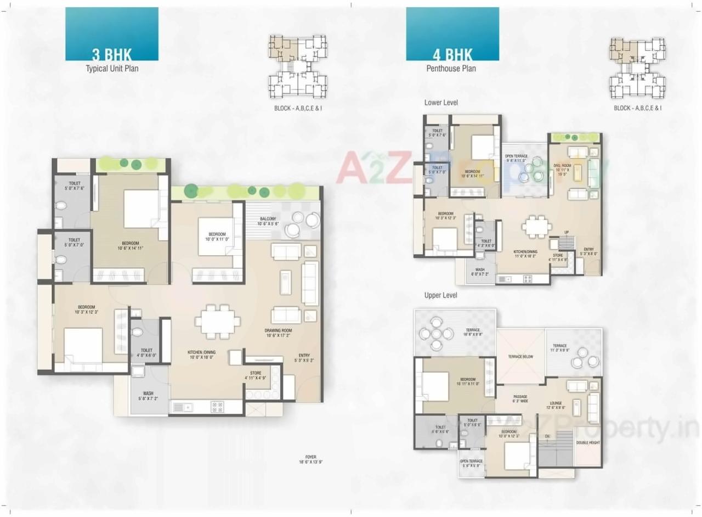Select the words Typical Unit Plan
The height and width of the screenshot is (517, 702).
click(112, 69)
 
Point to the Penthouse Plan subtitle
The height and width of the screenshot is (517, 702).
click(451, 69)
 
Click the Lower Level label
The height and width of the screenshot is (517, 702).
click(441, 103)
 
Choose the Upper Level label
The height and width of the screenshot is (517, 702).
click(441, 295)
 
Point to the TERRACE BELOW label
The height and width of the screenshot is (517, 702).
click(520, 357)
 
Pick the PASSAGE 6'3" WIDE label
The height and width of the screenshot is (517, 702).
click(520, 399)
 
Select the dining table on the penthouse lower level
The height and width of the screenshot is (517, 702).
click(536, 225)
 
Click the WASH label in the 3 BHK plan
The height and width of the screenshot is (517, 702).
click(148, 396)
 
